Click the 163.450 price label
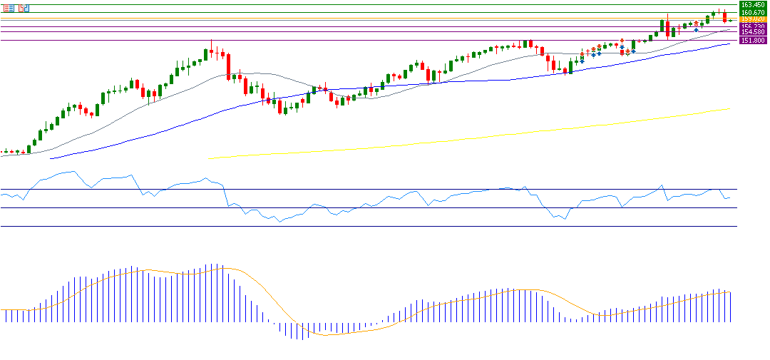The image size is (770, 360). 754,5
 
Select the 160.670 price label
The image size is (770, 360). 754,13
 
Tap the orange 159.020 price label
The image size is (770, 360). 754,19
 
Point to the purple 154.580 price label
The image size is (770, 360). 754,32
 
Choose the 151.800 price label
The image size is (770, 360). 754,41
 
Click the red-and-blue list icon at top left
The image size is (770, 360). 9,8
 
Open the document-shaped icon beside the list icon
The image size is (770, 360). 24,8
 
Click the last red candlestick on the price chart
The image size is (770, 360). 724,16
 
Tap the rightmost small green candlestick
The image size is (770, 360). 730,21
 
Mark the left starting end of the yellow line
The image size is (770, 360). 208,158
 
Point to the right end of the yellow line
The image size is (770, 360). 731,108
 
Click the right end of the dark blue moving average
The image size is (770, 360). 730,43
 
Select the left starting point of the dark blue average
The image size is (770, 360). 50,158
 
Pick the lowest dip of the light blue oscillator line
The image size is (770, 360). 279,222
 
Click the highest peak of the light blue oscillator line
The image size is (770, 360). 73,171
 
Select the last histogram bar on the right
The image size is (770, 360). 731,307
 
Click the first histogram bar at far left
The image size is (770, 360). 5,315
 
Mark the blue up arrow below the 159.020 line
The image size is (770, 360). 696,30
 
